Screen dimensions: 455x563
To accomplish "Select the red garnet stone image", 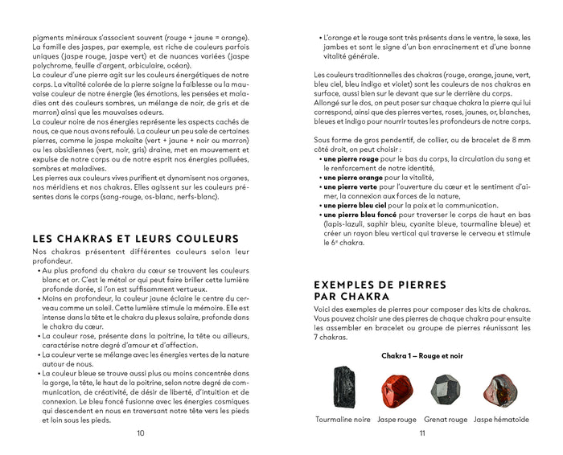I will click(x=446, y=388).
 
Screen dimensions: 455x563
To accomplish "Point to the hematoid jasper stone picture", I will click(x=499, y=388).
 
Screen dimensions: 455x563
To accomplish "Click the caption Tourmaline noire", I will click(x=343, y=419).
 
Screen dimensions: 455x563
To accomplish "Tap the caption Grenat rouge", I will click(x=446, y=419).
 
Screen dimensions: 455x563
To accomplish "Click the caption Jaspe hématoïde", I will click(x=501, y=419).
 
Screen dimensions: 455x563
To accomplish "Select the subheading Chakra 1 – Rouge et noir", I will click(x=421, y=355).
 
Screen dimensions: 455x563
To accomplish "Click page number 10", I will click(x=140, y=434).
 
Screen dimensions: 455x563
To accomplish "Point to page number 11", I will click(x=421, y=434).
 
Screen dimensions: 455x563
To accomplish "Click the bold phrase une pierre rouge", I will click(x=353, y=159).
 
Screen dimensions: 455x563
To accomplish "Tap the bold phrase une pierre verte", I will click(x=352, y=187).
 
